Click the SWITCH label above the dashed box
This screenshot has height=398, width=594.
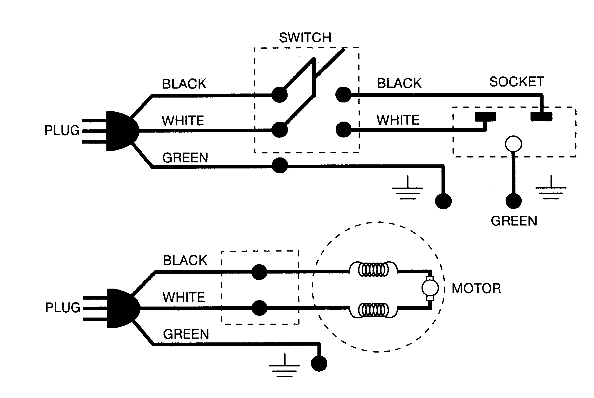pyautogui.click(x=305, y=38)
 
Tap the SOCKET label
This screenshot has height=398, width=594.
pyautogui.click(x=516, y=82)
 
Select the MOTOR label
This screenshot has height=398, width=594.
pyautogui.click(x=476, y=289)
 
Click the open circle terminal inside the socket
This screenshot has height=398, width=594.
pyautogui.click(x=513, y=144)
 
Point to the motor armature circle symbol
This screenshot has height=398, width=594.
pyautogui.click(x=430, y=288)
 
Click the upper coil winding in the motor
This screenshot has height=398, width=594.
pyautogui.click(x=373, y=270)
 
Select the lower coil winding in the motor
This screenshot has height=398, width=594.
pyautogui.click(x=373, y=311)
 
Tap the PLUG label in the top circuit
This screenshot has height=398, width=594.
pyautogui.click(x=62, y=131)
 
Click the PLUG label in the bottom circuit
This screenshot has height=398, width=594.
pyautogui.click(x=63, y=308)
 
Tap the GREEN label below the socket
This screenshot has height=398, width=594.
pyautogui.click(x=514, y=221)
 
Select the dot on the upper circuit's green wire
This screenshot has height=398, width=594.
pyautogui.click(x=280, y=166)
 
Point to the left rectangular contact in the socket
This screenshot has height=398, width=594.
pyautogui.click(x=485, y=117)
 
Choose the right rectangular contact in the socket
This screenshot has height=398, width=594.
pyautogui.click(x=541, y=116)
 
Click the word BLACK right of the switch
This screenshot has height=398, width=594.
pyautogui.click(x=399, y=83)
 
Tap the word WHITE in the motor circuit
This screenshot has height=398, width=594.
pyautogui.click(x=184, y=297)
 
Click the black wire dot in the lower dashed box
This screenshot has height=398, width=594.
pyautogui.click(x=259, y=272)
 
